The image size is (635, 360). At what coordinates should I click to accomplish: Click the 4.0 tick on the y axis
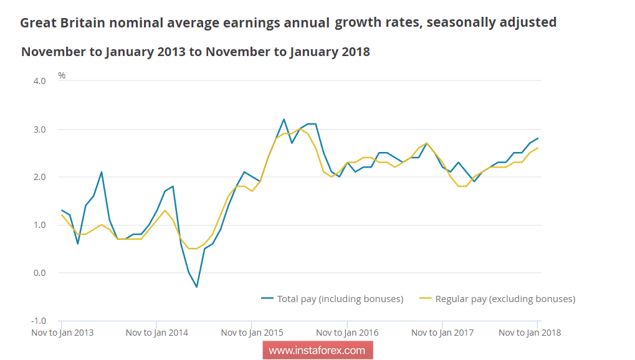click(39, 81)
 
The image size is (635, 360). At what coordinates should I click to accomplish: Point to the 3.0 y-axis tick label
click(39, 130)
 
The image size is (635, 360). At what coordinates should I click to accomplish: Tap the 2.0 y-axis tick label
click(39, 177)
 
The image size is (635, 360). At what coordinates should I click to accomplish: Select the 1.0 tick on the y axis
click(39, 225)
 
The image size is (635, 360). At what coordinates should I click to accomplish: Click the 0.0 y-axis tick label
click(39, 273)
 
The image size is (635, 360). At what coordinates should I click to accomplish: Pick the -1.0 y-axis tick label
click(37, 321)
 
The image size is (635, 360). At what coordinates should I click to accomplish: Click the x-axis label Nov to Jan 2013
click(62, 333)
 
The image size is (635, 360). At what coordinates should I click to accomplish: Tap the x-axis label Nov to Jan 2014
click(157, 333)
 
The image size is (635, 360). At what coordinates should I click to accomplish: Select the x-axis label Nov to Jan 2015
click(252, 333)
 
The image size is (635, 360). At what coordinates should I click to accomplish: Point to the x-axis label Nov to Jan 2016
click(347, 333)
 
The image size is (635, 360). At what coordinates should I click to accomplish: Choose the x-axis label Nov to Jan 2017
click(442, 333)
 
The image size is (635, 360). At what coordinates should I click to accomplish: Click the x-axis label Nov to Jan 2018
click(530, 333)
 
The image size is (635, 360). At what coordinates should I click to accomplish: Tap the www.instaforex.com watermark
click(317, 351)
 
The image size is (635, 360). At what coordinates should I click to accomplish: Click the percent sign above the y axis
click(62, 75)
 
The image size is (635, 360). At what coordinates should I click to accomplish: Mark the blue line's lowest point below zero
click(196, 287)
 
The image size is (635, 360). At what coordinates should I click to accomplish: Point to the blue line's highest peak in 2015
click(284, 119)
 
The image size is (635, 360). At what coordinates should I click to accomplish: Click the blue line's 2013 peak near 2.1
click(102, 172)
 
